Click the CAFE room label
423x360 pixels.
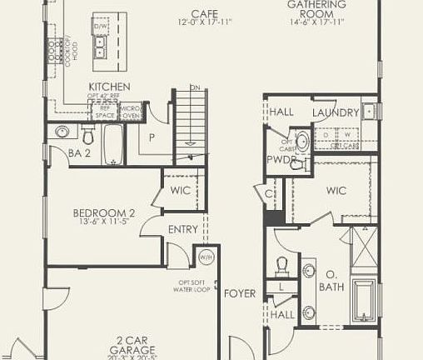click(x=199, y=13)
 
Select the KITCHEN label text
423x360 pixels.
click(x=109, y=87)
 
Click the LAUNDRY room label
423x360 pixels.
click(x=335, y=112)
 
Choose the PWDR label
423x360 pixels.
click(x=277, y=158)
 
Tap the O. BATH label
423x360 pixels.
click(x=331, y=280)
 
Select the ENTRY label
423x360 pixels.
click(x=183, y=230)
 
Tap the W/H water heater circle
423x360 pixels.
click(x=205, y=257)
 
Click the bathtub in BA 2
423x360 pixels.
click(x=113, y=144)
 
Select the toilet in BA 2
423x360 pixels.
click(x=88, y=133)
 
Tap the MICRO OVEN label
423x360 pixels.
click(x=130, y=112)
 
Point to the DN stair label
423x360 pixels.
click(x=195, y=87)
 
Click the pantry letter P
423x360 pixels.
click(x=153, y=137)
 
